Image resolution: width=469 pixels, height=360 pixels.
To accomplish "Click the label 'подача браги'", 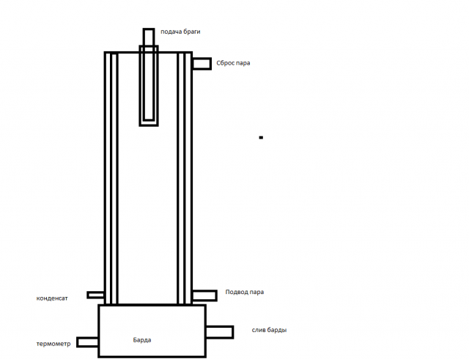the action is [180, 32].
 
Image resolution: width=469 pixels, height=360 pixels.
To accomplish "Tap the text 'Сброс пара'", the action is [233, 63].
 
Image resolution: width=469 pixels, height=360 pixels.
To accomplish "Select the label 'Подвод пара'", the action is [244, 292].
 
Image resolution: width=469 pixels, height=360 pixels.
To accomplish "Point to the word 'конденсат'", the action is [52, 298].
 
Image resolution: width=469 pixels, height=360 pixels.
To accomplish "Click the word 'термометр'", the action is [53, 344].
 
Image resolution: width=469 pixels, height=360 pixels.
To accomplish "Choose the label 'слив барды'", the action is [269, 330].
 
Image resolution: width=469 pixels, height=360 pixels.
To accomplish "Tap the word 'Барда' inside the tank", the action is [142, 340].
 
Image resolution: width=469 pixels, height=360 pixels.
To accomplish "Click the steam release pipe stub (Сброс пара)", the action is [202, 64].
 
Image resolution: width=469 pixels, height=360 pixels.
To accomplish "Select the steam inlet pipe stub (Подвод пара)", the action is [204, 295].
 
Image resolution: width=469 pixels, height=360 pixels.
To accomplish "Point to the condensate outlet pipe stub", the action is [95, 295].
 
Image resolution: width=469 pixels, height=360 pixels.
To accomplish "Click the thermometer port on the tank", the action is [87, 342].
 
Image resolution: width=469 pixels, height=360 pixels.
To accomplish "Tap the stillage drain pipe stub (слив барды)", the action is [220, 332].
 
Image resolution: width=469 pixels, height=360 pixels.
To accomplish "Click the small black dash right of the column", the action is [261, 138].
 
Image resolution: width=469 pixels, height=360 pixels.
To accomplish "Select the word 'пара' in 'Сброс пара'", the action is [243, 64].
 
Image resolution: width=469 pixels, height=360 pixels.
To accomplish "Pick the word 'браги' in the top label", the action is [192, 32].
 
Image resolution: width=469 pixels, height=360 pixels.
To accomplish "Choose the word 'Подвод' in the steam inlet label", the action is [236, 292].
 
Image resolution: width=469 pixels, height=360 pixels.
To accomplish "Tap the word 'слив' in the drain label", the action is [259, 330].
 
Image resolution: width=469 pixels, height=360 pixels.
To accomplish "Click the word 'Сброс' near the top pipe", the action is [225, 63].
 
